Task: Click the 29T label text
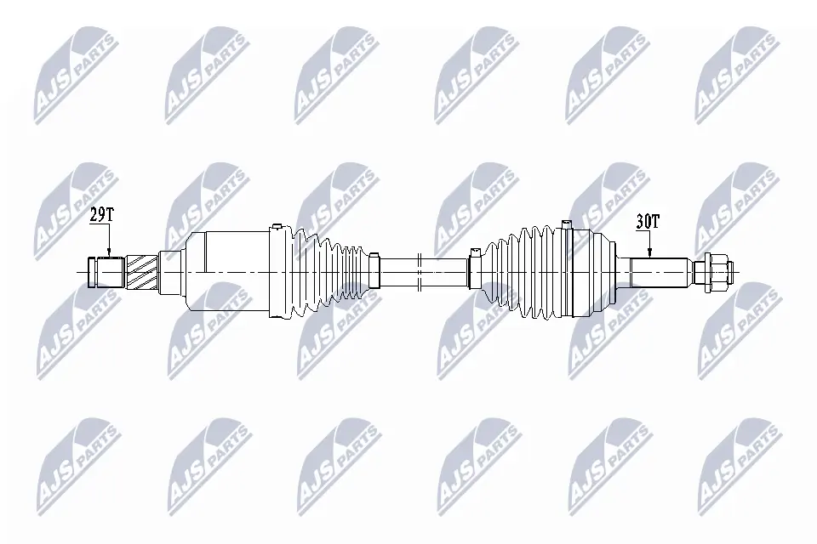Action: (101, 216)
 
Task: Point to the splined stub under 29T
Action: (110, 272)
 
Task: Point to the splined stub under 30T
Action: (660, 272)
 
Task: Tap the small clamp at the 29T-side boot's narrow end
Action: (373, 272)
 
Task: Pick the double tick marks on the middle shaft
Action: (420, 272)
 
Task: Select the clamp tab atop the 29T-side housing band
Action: (276, 227)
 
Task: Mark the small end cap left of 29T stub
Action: (89, 272)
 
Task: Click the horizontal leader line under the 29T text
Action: (101, 226)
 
